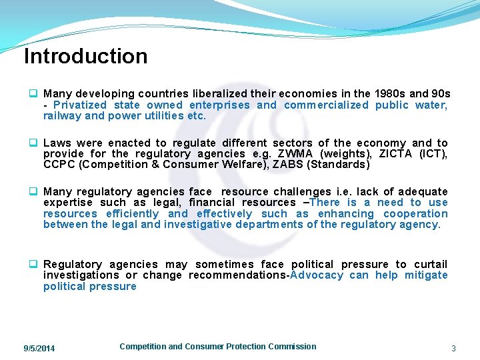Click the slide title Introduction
point(85,57)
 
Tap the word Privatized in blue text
point(79,105)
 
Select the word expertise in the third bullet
point(67,203)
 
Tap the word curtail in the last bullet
point(431,265)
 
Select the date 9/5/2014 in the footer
point(39,349)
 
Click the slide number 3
point(453,349)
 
